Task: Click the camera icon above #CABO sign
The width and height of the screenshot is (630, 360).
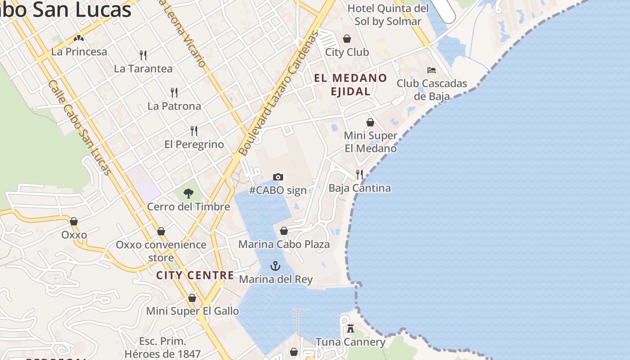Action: (278, 177)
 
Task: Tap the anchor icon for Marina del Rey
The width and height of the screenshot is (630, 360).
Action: (275, 266)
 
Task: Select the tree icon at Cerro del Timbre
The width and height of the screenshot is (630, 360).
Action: (189, 193)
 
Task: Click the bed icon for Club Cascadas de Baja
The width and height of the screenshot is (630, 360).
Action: (432, 70)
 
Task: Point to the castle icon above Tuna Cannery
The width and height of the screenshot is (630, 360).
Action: (351, 328)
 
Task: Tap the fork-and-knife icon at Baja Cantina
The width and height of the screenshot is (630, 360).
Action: (359, 174)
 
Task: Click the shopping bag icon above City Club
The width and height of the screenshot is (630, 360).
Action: (347, 39)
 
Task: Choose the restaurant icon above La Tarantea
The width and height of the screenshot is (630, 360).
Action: (143, 55)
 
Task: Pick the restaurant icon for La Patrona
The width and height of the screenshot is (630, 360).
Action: (174, 93)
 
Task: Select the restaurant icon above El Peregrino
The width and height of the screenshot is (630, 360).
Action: (194, 131)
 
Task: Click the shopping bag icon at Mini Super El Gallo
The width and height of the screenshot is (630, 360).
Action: (192, 298)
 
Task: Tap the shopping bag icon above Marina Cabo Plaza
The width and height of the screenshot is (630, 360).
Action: (284, 231)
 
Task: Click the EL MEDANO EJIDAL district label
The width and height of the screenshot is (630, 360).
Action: (351, 85)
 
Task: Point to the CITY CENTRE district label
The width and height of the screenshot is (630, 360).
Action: (195, 275)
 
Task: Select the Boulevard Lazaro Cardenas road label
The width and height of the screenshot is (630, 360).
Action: (279, 93)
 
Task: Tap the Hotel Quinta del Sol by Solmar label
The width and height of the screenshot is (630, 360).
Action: (388, 15)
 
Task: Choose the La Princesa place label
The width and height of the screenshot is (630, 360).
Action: (79, 52)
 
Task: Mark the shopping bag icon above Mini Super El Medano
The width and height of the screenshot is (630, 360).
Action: (370, 122)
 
